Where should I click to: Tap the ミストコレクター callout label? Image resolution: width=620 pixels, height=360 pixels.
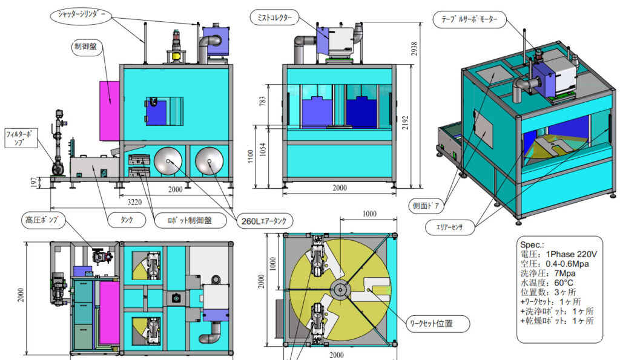coord(274,19)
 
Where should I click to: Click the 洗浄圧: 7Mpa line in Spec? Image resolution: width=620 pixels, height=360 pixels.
coord(549,273)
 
